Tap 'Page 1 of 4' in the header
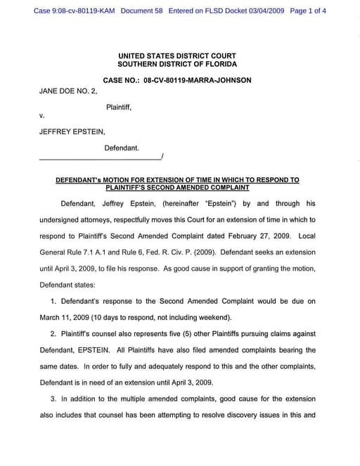[307, 12]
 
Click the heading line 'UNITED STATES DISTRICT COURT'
[177, 56]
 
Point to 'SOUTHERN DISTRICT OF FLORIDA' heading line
[177, 64]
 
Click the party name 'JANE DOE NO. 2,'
[67, 91]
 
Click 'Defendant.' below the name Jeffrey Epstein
[122, 148]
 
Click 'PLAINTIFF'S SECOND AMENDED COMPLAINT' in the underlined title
[177, 188]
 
